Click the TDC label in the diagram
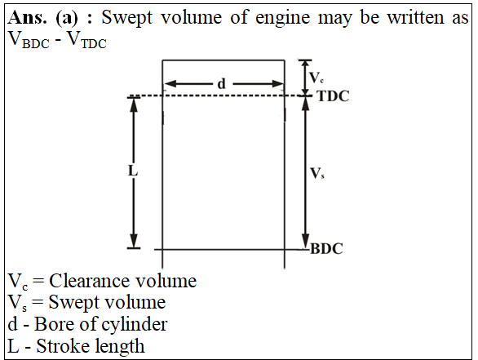(x=333, y=96)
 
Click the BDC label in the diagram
(x=326, y=249)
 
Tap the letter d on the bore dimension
(x=222, y=83)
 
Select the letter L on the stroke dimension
(x=133, y=171)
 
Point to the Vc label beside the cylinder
(x=316, y=78)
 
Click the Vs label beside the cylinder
(x=317, y=173)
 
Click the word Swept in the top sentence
(x=126, y=18)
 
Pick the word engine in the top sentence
(x=282, y=18)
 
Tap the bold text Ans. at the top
(x=28, y=17)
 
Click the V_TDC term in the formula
(x=86, y=40)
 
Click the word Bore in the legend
(x=55, y=324)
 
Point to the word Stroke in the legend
(x=64, y=346)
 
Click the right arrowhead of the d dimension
(x=277, y=83)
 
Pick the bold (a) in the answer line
(x=67, y=18)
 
